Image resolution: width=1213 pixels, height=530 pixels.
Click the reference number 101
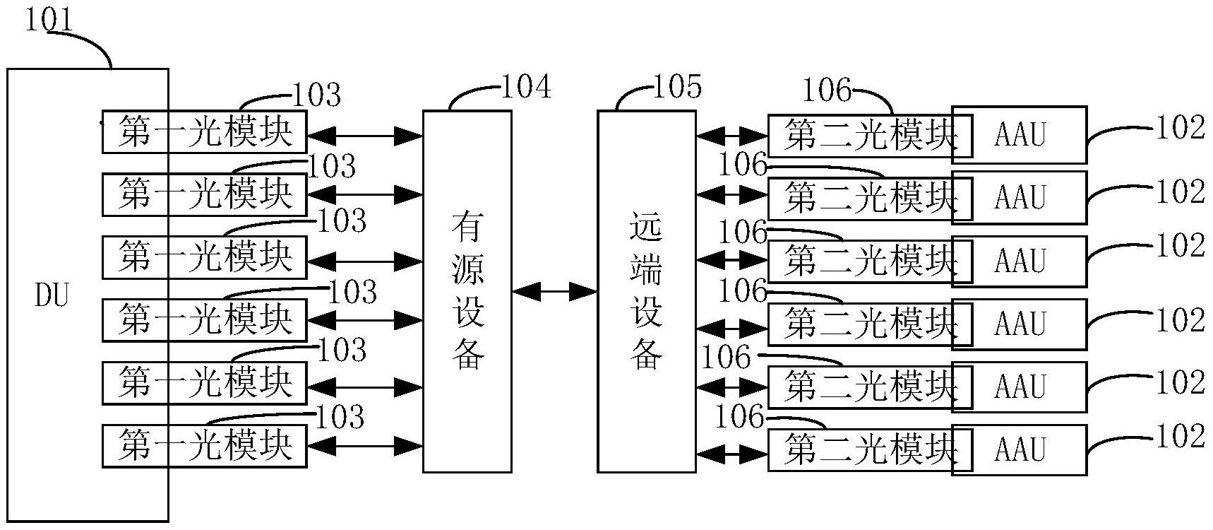(x=49, y=19)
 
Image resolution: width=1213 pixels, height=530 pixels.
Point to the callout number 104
(x=525, y=87)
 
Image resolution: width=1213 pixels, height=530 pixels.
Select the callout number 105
(x=677, y=87)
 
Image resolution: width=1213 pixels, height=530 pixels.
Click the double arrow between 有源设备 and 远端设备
(x=554, y=290)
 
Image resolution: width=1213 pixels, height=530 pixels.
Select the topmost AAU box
(x=1020, y=134)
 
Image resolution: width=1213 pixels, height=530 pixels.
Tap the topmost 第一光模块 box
(x=205, y=131)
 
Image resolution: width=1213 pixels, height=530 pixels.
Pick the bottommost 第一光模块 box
(x=205, y=445)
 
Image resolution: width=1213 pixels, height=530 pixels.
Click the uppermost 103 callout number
(x=316, y=95)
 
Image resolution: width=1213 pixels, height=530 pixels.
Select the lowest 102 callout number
(x=1180, y=436)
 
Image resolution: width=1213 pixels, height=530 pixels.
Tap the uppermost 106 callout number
(x=827, y=90)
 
